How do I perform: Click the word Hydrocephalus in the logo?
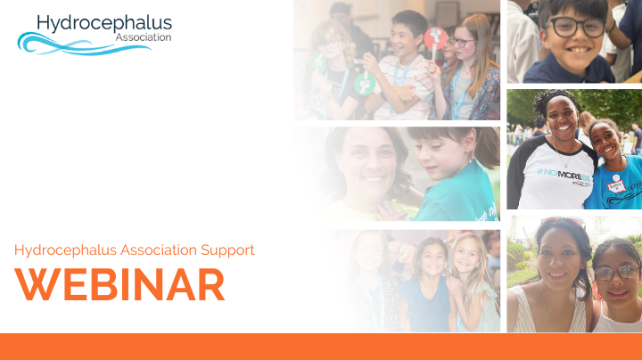point(104,22)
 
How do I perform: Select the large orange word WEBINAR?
point(119,284)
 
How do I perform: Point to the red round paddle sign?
point(435,38)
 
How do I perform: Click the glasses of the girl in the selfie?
point(616,273)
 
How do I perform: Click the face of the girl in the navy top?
point(432,260)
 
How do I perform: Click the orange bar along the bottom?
point(321,347)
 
